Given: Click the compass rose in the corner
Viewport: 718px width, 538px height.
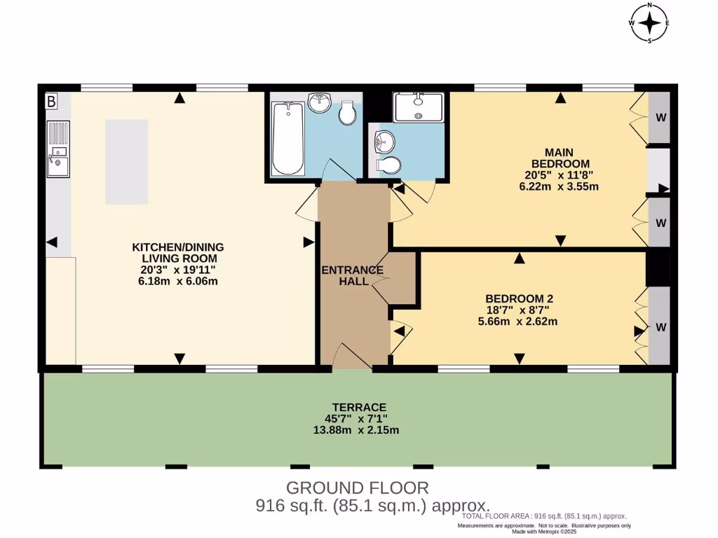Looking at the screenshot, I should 650,23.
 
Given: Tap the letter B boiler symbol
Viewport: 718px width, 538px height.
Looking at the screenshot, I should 51,102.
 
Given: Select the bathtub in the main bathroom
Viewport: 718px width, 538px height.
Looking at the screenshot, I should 287,138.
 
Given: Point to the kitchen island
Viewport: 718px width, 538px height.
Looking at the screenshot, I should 127,161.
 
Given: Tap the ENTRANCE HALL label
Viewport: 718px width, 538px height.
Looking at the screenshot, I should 352,276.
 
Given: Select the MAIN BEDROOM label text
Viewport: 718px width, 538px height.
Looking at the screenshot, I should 560,158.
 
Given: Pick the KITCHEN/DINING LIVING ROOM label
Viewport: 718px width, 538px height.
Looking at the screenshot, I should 178,252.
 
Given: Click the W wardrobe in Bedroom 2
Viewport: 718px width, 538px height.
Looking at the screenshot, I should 661,326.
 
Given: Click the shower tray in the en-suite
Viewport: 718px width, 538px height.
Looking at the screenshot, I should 419,107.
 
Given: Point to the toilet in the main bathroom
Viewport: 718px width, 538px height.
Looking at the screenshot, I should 347,112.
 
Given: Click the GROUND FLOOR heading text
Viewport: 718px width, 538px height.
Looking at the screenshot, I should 358,488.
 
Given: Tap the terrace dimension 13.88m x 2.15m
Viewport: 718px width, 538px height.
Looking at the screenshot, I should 356,429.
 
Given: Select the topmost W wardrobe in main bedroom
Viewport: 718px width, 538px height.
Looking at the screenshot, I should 661,117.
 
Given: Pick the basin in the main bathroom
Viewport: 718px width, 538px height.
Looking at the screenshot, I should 320,103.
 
